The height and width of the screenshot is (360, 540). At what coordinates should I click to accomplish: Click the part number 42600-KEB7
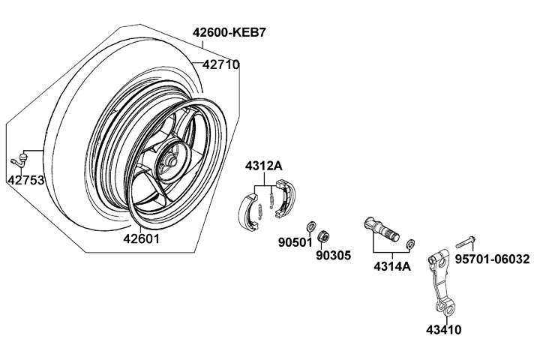click(x=229, y=33)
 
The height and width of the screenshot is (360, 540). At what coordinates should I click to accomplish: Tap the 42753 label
click(x=25, y=180)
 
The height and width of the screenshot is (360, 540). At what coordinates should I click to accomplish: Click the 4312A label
click(x=262, y=166)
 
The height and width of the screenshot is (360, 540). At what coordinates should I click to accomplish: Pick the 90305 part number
click(x=333, y=255)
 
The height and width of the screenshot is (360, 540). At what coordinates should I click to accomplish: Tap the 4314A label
click(x=391, y=265)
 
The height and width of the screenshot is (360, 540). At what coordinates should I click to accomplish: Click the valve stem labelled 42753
click(x=20, y=159)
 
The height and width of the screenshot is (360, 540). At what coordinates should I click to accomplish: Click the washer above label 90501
click(x=310, y=226)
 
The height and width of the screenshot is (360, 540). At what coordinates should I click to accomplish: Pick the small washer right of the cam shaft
click(x=411, y=244)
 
